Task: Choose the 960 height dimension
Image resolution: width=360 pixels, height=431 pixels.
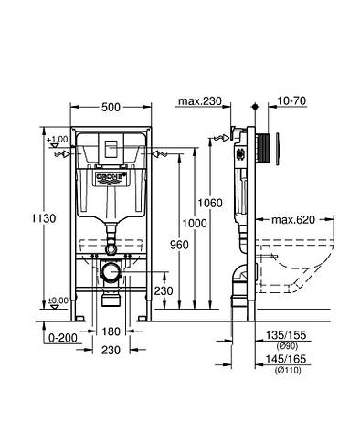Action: (x=179, y=244)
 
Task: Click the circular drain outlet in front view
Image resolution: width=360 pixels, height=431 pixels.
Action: (x=110, y=271)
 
